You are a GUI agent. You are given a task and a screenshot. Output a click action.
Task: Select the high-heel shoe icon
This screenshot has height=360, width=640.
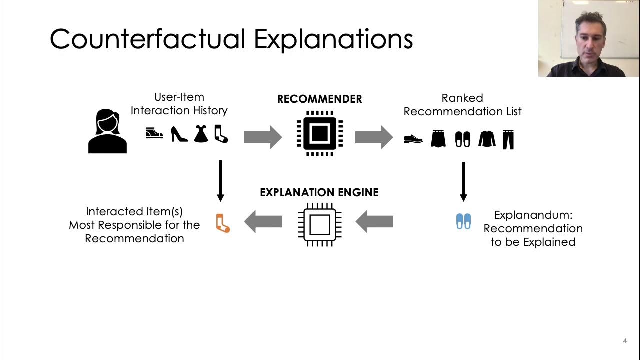pyautogui.click(x=179, y=134)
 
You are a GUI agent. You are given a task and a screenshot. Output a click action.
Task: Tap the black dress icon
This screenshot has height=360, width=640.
pyautogui.click(x=201, y=134)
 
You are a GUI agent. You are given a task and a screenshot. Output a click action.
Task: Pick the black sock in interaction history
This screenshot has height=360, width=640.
pyautogui.click(x=221, y=134)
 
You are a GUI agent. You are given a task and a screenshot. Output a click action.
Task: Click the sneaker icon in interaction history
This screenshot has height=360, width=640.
pyautogui.click(x=154, y=133)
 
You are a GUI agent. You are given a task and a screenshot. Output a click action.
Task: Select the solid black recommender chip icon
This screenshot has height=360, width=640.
pyautogui.click(x=319, y=133)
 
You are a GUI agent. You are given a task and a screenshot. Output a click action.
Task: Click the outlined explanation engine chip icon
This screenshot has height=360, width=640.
pyautogui.click(x=319, y=224)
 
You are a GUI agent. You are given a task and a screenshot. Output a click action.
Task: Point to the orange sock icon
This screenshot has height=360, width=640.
pyautogui.click(x=222, y=223)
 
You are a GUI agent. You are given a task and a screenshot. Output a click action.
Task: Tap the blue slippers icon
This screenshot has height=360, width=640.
pyautogui.click(x=463, y=221)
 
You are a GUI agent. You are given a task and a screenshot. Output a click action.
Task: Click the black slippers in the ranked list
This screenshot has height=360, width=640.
pyautogui.click(x=463, y=139)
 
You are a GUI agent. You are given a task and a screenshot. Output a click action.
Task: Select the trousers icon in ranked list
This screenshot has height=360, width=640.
pyautogui.click(x=508, y=140)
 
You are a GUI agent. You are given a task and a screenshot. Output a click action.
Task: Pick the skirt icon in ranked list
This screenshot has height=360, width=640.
pyautogui.click(x=438, y=139)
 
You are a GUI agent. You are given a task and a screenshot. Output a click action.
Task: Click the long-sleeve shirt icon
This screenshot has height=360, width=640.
pyautogui.click(x=486, y=139)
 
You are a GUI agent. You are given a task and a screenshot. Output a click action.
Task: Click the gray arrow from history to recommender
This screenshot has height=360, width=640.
pyautogui.click(x=263, y=137)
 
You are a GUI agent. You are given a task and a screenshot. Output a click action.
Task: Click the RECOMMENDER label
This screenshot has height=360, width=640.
pyautogui.click(x=319, y=99)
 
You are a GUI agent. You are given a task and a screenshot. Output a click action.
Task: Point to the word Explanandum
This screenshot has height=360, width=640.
pyautogui.click(x=533, y=215)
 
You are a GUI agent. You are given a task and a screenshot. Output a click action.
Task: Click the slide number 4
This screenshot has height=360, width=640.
pyautogui.click(x=625, y=341)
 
